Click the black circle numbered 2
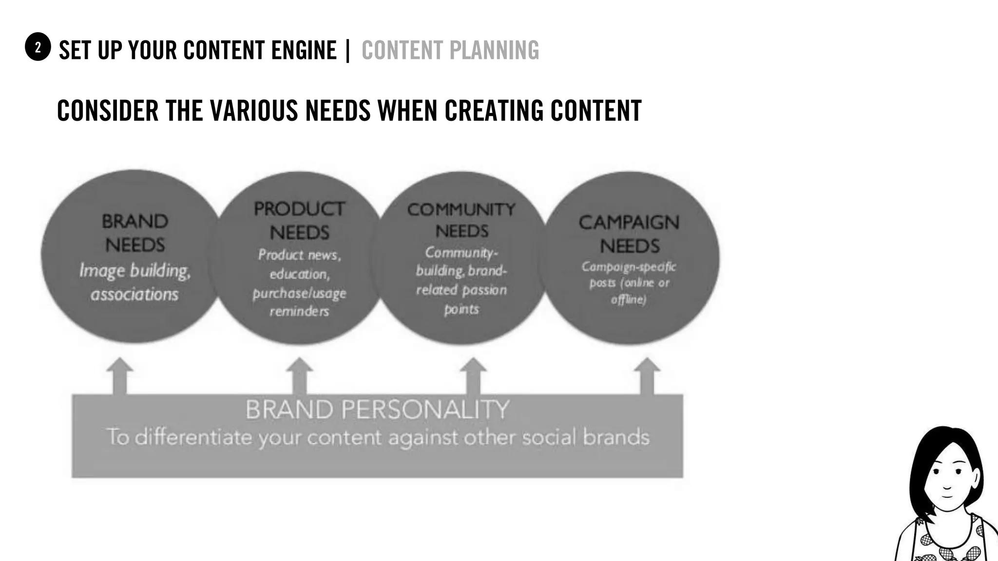click(38, 47)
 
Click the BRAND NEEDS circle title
click(135, 233)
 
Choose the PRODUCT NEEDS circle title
click(299, 221)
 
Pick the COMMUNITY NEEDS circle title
click(461, 220)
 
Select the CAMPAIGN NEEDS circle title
click(629, 234)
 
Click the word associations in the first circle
click(134, 295)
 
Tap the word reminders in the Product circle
click(299, 311)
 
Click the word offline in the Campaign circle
click(629, 299)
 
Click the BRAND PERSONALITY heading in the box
click(377, 410)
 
